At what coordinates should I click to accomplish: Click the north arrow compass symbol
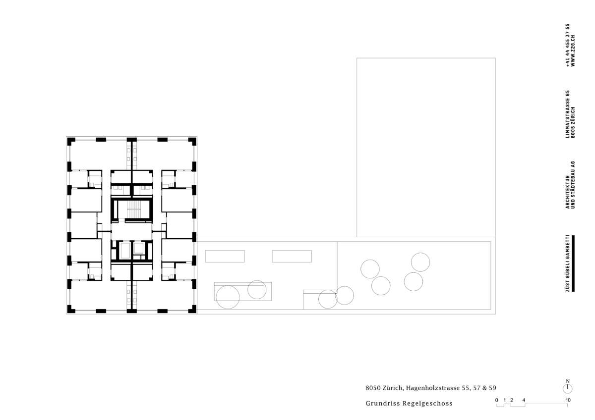tap(568, 389)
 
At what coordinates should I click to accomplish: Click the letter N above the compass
tap(568, 381)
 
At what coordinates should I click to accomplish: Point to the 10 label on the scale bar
tap(568, 400)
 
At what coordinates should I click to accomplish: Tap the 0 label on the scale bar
tap(497, 400)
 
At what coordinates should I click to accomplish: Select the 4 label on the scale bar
tap(524, 400)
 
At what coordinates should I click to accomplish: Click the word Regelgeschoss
tap(427, 404)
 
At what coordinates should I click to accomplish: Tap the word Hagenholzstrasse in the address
tap(433, 388)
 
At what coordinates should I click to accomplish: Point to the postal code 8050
tap(373, 388)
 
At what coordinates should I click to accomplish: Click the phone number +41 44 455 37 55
tap(568, 45)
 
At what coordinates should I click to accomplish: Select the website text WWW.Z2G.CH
tap(573, 51)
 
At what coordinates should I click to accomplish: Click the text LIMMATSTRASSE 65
tap(568, 114)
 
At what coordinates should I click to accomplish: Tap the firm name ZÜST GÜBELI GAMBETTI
tap(568, 263)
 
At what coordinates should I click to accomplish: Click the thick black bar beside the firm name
tap(573, 263)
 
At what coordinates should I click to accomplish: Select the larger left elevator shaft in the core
tap(124, 250)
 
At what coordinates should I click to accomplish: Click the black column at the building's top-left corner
tap(71, 141)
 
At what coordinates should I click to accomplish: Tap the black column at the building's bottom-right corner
tap(192, 309)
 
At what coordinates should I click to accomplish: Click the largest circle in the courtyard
tap(228, 297)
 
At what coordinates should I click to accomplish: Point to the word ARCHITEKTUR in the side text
tap(568, 192)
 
